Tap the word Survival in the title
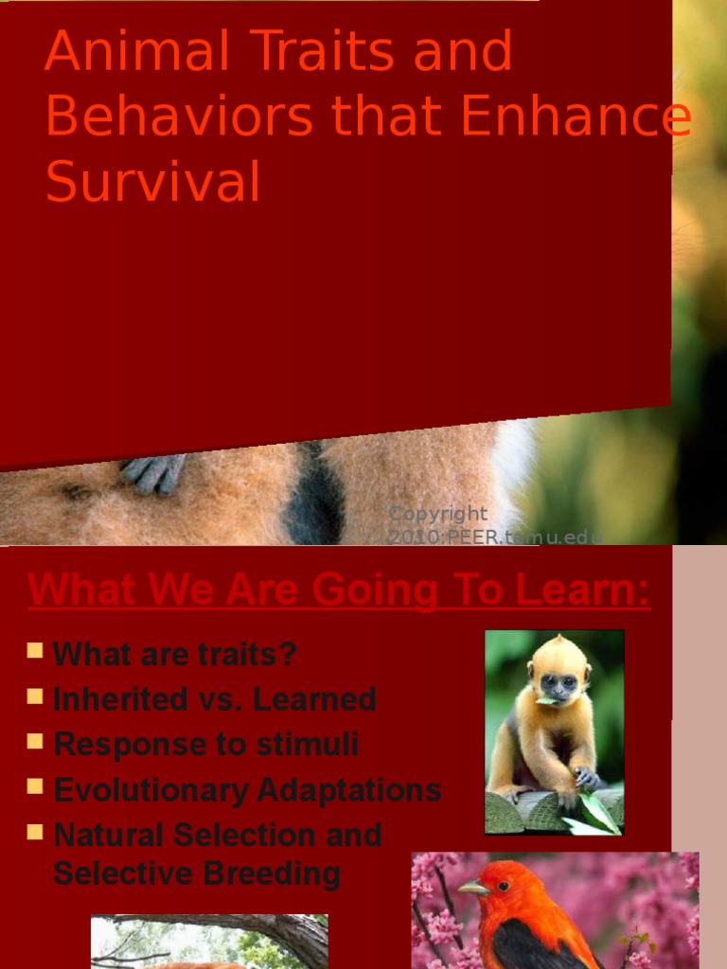coord(152,183)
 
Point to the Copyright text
coord(438,514)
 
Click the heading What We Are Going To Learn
coord(339,590)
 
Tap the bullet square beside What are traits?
coord(35,650)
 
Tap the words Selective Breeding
coord(196,873)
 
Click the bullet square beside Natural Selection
coord(35,832)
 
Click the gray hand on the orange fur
coord(153,472)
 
